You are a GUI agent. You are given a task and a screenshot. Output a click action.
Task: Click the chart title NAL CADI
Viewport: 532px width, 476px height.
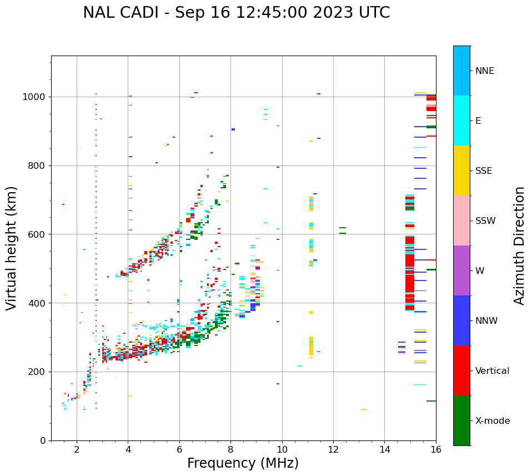point(236,13)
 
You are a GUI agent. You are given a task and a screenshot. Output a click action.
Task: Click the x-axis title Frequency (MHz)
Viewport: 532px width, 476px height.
point(243,463)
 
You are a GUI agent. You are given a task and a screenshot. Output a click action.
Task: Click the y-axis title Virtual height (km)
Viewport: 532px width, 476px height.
point(12,248)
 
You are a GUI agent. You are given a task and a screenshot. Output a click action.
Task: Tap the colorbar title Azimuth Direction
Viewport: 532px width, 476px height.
point(519,245)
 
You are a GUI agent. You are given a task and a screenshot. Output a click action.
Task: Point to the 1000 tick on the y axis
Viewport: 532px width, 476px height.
point(37,97)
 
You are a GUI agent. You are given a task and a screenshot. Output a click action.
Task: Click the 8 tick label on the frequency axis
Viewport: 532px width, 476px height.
point(230,449)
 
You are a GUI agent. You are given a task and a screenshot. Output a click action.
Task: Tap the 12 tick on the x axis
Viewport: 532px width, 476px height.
point(333,449)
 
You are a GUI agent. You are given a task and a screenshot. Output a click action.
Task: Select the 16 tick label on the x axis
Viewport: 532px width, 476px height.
point(436,449)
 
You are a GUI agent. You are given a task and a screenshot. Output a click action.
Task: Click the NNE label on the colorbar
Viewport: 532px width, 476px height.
point(484,71)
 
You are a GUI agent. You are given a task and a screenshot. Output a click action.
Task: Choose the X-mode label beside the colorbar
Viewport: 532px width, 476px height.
point(492,421)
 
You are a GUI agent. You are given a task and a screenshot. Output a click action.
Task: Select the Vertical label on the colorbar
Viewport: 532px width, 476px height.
point(492,371)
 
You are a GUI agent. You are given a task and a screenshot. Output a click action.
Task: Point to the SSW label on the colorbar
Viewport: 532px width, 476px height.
point(485,221)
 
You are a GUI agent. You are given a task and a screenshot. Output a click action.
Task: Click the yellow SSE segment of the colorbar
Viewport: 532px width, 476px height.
point(461,171)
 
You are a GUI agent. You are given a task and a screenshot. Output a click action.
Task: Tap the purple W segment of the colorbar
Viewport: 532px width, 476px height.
point(461,270)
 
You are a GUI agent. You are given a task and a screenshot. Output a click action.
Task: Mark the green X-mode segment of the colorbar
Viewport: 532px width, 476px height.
point(461,420)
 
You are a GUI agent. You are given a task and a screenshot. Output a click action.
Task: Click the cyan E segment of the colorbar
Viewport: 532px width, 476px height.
point(461,121)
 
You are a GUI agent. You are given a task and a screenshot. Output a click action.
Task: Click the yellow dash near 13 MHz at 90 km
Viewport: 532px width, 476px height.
point(364,409)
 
